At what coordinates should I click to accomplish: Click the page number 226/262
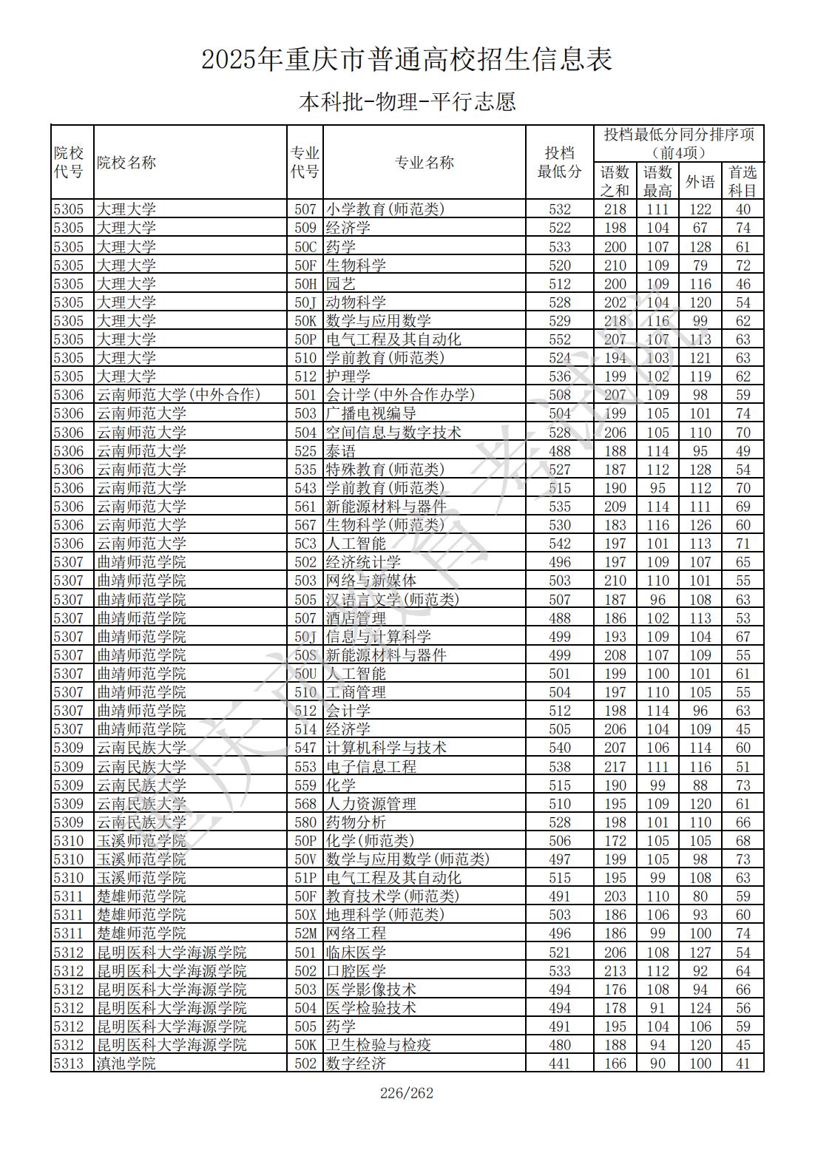(x=406, y=1093)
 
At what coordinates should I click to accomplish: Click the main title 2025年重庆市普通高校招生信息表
(x=407, y=59)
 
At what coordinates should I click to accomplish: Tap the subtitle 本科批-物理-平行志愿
(x=407, y=101)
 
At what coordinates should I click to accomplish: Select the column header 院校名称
(x=126, y=163)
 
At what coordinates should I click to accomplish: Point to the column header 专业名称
(x=424, y=163)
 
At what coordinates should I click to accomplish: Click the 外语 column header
(x=700, y=181)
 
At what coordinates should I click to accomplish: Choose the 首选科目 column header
(x=743, y=181)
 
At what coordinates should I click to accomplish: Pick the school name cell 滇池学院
(x=126, y=1064)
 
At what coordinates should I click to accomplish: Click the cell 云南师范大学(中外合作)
(x=178, y=395)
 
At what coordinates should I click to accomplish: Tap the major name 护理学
(x=348, y=376)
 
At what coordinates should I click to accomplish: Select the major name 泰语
(x=340, y=451)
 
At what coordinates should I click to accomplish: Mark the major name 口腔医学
(x=356, y=971)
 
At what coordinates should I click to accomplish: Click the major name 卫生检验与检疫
(x=378, y=1045)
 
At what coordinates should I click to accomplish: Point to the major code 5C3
(x=305, y=544)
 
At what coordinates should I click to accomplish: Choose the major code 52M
(x=305, y=933)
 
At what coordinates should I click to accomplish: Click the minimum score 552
(x=560, y=339)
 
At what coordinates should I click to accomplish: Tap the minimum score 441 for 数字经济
(x=560, y=1064)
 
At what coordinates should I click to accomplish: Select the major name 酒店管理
(x=356, y=618)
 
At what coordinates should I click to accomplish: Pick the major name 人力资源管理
(x=371, y=804)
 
